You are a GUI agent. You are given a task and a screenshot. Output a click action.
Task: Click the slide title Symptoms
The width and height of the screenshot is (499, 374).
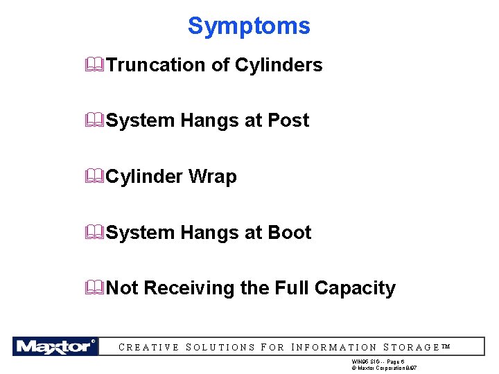249,26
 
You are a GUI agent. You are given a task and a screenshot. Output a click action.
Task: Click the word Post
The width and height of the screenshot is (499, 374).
288,121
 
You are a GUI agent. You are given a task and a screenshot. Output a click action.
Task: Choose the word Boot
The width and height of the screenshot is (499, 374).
289,233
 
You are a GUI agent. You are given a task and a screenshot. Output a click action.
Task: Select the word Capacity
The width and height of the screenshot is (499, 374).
355,288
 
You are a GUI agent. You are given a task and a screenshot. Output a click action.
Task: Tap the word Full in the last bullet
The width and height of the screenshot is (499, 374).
294,288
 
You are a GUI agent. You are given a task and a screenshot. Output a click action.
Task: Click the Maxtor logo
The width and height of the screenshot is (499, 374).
55,346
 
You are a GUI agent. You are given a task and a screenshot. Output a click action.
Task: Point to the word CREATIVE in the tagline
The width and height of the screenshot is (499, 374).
149,348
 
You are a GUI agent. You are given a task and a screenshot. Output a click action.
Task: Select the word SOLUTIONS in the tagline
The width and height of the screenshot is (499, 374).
221,348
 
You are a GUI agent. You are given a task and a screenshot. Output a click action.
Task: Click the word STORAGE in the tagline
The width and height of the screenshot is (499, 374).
412,348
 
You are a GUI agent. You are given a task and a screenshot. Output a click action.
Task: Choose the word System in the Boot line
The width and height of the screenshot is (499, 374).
141,233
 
